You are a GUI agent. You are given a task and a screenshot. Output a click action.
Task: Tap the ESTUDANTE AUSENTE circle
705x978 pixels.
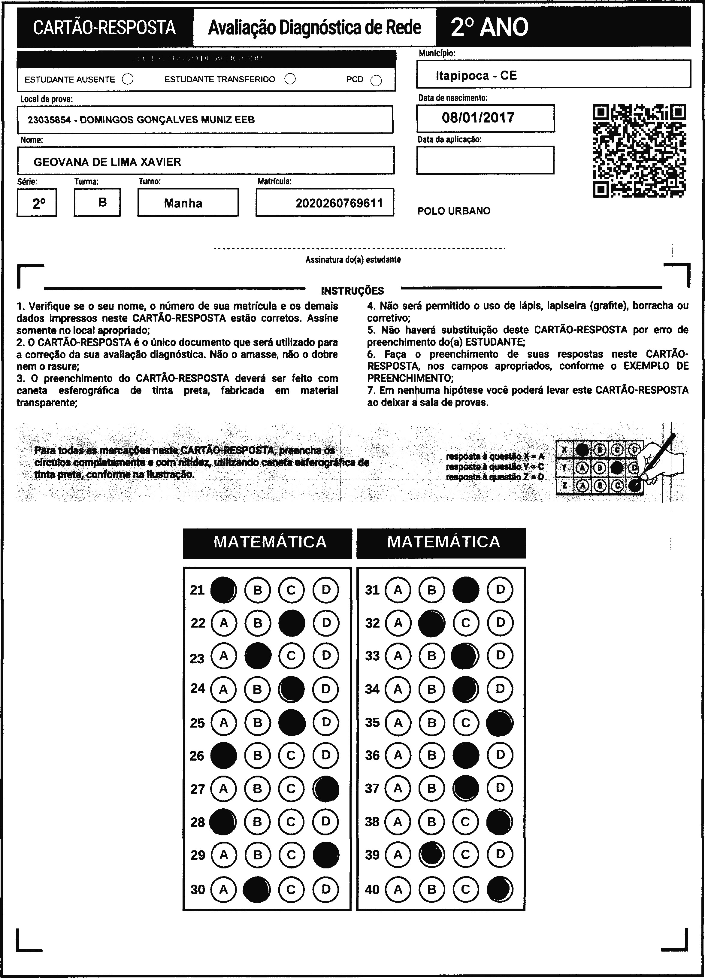128,79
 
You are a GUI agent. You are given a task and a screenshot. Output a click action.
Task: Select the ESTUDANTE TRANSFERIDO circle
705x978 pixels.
290,79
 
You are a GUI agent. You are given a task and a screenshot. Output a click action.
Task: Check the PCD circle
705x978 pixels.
376,81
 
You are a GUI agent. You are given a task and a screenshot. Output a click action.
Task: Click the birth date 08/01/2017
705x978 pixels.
478,118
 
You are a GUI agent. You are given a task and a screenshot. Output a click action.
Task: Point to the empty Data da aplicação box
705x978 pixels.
485,160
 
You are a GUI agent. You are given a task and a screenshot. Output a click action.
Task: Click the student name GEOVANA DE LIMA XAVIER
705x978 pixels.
107,162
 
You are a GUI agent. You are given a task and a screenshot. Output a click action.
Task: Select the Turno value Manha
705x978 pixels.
183,203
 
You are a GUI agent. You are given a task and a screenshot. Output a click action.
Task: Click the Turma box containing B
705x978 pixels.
97,202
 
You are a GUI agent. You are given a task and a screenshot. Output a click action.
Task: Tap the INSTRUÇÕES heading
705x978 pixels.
352,291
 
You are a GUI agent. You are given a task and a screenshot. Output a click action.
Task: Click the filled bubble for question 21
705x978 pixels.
223,590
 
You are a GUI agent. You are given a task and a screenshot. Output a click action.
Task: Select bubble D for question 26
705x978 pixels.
326,755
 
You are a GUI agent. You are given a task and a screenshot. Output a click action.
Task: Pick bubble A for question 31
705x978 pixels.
398,590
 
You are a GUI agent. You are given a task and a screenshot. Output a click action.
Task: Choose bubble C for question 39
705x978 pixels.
466,854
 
